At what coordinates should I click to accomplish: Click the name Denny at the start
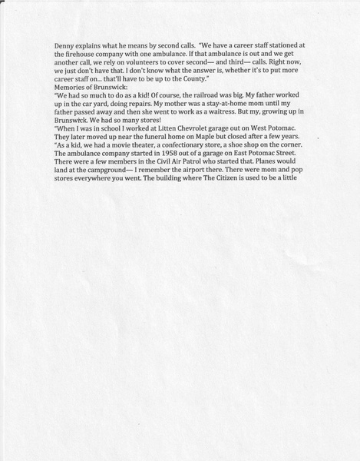65,45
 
